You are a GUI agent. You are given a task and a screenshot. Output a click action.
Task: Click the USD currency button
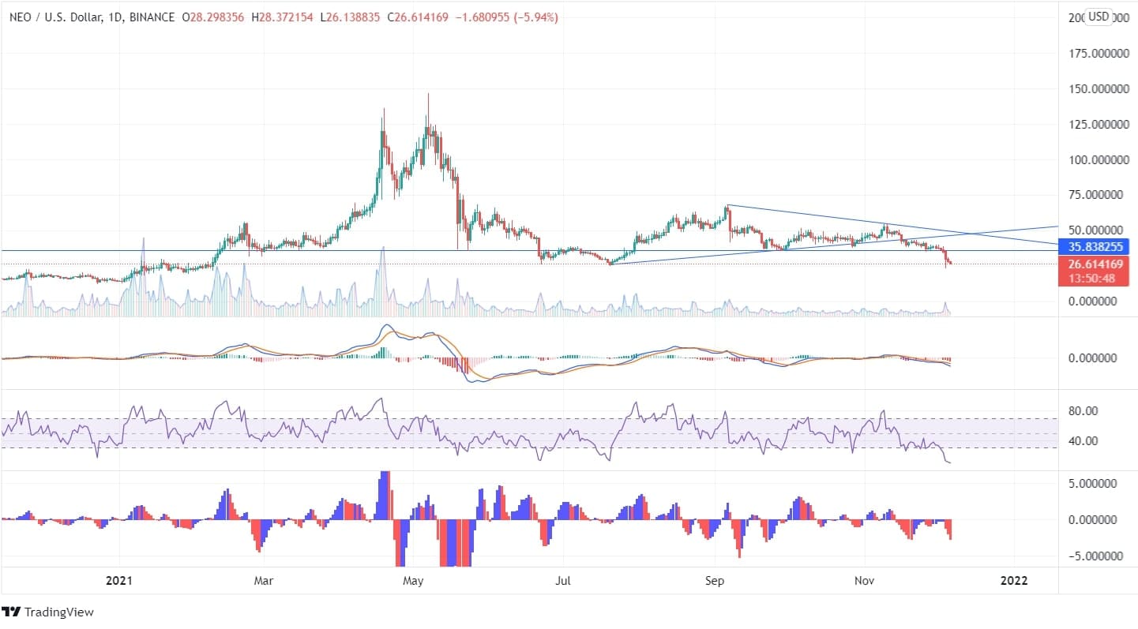(x=1099, y=16)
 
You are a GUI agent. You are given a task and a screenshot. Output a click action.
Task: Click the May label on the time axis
(x=413, y=581)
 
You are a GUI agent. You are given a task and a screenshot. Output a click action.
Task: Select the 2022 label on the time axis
(x=1013, y=581)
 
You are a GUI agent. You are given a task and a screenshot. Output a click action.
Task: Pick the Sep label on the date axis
(x=714, y=581)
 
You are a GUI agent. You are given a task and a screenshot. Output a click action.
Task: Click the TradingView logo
(x=48, y=612)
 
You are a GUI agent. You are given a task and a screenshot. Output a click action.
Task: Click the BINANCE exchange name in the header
(x=152, y=17)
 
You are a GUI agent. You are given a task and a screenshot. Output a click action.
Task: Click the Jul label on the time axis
(x=563, y=581)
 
